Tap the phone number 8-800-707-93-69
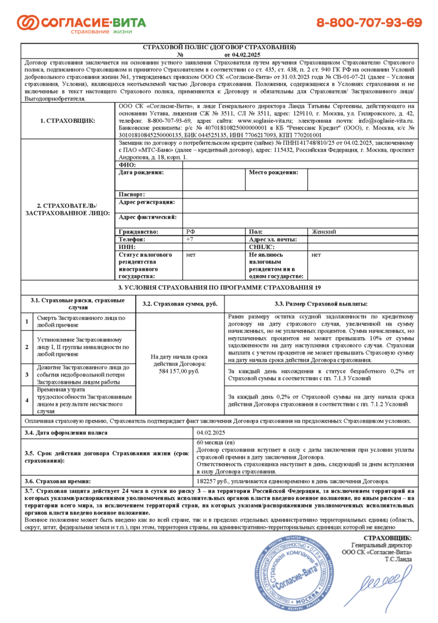[369, 23]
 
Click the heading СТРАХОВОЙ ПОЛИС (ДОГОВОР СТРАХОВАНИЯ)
[219, 47]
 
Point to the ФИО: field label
[128, 164]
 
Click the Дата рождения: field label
[142, 173]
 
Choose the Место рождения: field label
[274, 173]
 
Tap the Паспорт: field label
[132, 194]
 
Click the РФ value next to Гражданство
[190, 232]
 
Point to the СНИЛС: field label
[262, 248]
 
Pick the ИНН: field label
[128, 248]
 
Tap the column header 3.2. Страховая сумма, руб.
[179, 303]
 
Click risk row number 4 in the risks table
[26, 400]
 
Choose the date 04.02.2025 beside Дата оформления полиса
[212, 433]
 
